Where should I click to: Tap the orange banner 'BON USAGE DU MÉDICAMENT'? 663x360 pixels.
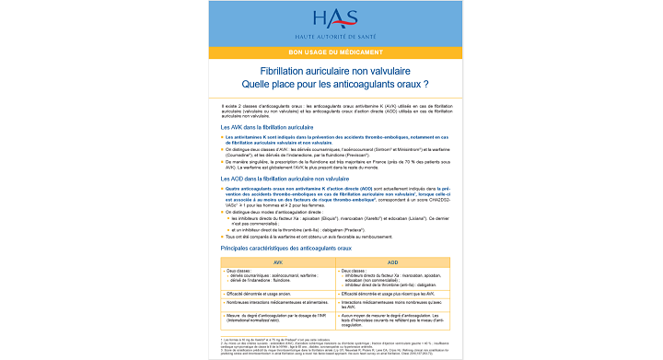pyautogui.click(x=331, y=53)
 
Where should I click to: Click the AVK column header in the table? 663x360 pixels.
pyautogui.click(x=274, y=261)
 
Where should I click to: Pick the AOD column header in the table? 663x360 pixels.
pyautogui.click(x=391, y=261)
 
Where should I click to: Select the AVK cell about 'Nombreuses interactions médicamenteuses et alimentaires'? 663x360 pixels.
pyautogui.click(x=276, y=302)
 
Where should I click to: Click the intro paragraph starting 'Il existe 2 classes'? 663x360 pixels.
pyautogui.click(x=331, y=110)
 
